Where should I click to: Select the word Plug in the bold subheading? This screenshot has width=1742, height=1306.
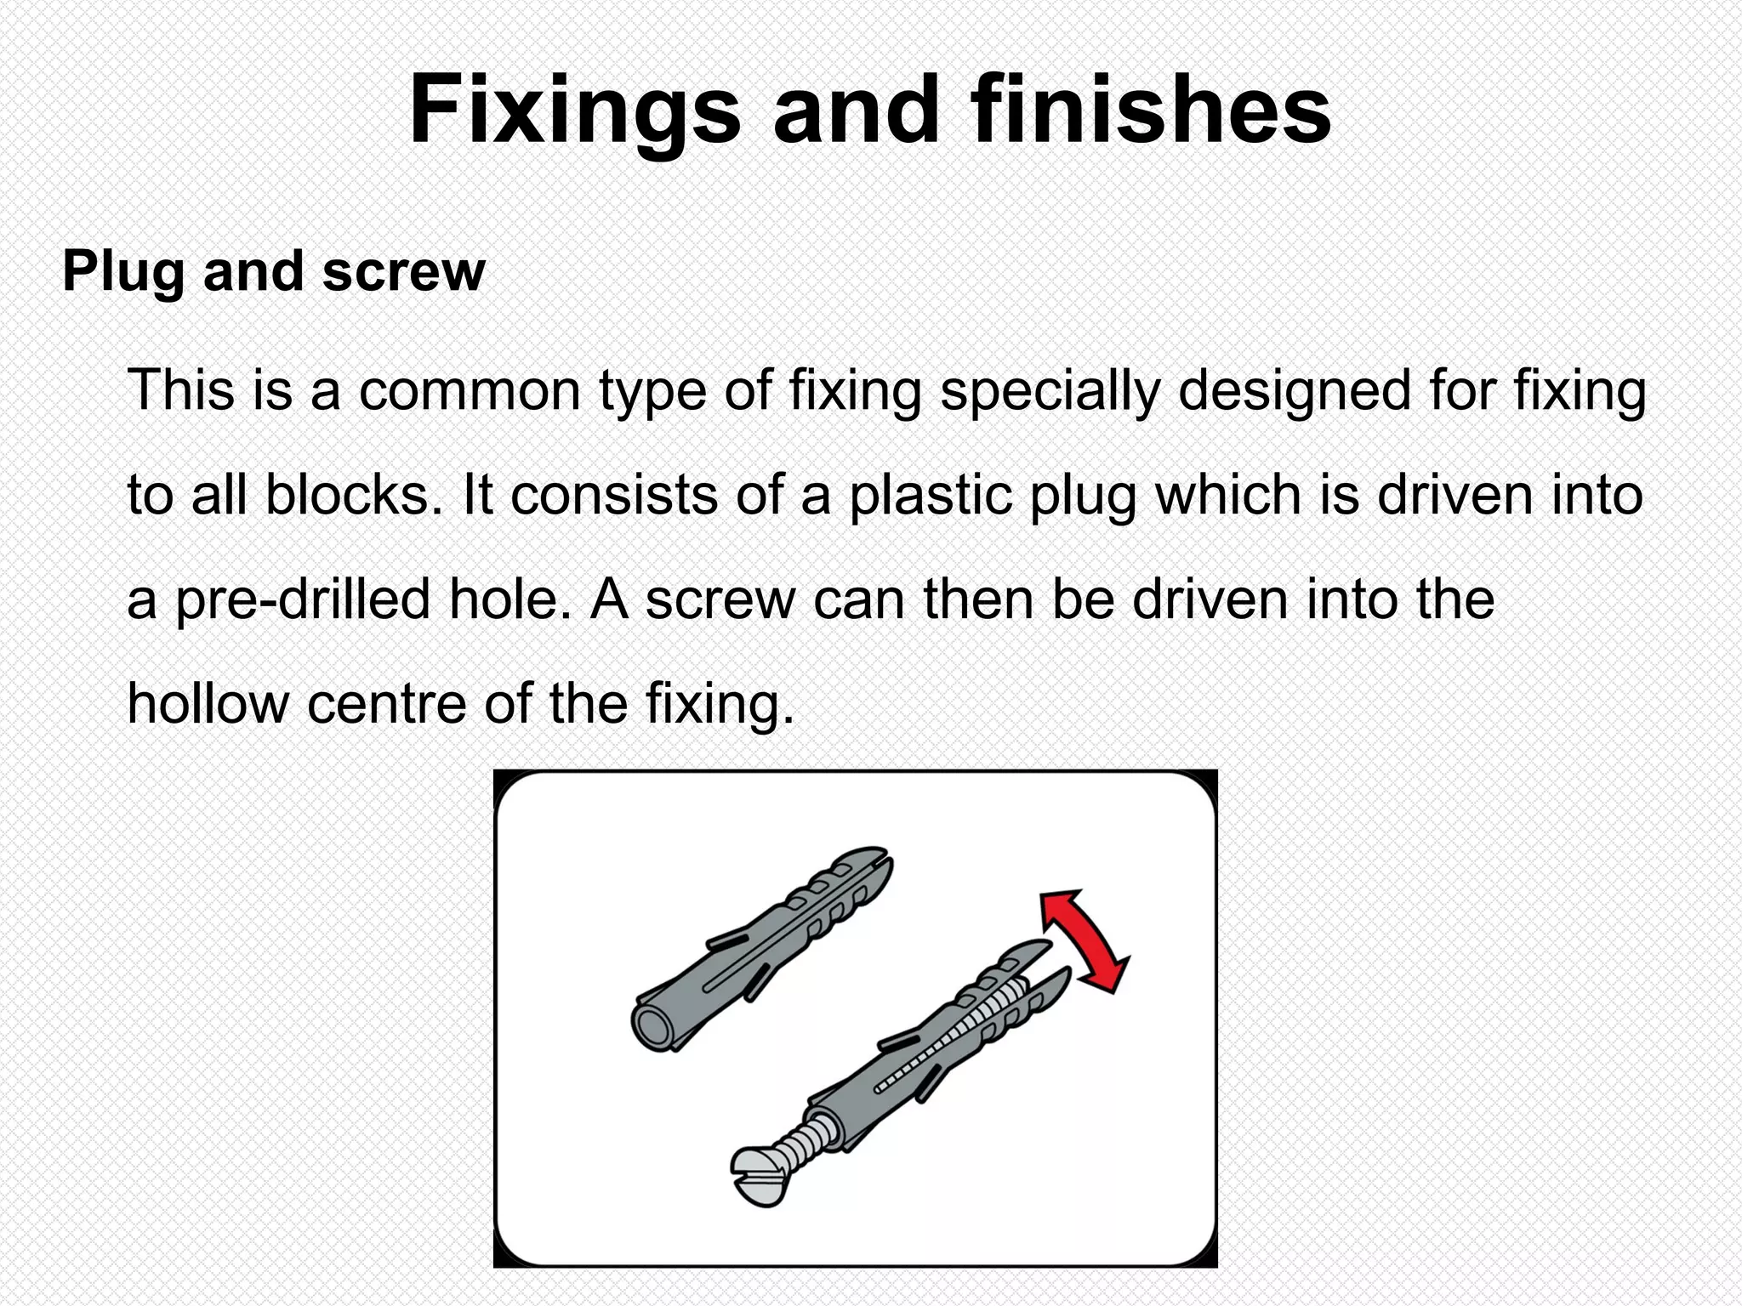122,273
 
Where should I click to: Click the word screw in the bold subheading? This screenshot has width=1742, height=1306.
403,273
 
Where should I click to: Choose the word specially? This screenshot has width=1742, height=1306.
1050,392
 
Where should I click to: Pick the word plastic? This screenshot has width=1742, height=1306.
931,495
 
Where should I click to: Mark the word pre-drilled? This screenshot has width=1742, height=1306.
302,600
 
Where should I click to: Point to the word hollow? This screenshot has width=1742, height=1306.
208,704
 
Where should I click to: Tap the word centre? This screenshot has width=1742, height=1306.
388,704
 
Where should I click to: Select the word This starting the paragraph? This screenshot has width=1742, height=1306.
180,390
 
